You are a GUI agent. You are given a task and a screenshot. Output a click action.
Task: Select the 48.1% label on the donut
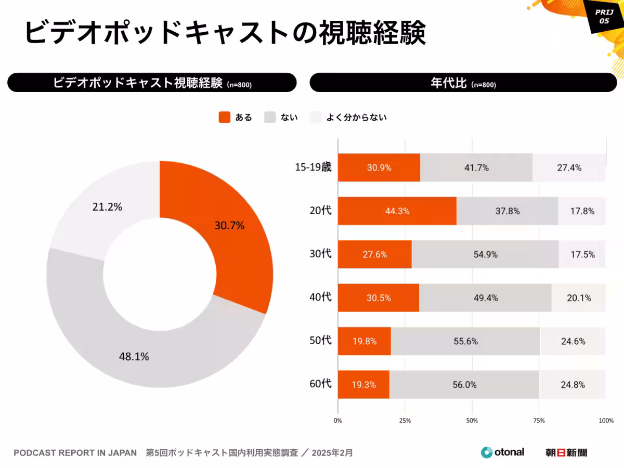(x=135, y=357)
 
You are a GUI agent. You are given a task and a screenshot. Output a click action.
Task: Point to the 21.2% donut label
(x=107, y=207)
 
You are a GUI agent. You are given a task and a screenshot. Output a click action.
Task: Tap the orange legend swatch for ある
(x=224, y=118)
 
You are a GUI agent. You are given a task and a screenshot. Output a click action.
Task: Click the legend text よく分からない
(x=356, y=118)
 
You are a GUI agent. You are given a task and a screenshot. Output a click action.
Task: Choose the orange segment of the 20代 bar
(x=397, y=211)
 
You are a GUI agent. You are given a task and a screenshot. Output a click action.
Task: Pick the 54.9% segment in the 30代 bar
(x=485, y=254)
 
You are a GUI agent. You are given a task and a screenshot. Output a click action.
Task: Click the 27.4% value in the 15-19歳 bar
(x=569, y=168)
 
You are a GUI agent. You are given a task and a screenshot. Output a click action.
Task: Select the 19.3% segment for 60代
(x=363, y=385)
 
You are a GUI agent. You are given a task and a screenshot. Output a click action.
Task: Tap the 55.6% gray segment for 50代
(x=465, y=341)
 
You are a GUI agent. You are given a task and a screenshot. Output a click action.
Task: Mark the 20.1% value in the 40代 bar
(x=579, y=298)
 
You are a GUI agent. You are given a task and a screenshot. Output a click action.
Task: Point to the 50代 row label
(x=320, y=341)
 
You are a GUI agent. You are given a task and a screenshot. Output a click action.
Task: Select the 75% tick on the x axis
(x=539, y=420)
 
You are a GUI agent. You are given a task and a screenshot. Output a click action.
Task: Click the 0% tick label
(x=338, y=420)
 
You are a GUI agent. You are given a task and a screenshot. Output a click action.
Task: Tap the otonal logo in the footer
(x=502, y=452)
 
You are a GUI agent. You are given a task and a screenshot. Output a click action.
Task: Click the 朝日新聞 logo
(x=566, y=452)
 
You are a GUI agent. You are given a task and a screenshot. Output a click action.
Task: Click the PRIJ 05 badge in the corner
(x=604, y=17)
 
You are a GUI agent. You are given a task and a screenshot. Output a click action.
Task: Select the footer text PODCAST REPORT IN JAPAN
(x=75, y=453)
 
